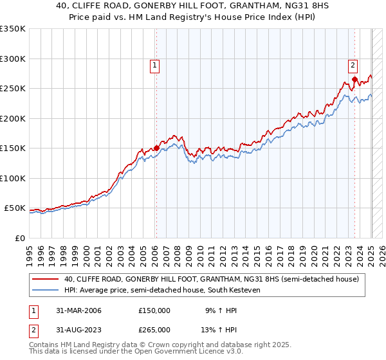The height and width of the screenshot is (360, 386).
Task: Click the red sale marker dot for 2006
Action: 156,148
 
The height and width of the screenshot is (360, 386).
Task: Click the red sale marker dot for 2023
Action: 354,80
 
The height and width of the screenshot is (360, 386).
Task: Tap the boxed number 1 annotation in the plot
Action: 156,64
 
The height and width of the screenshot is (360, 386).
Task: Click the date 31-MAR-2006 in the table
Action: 78,310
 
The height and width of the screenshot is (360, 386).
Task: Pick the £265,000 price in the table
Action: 154,330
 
